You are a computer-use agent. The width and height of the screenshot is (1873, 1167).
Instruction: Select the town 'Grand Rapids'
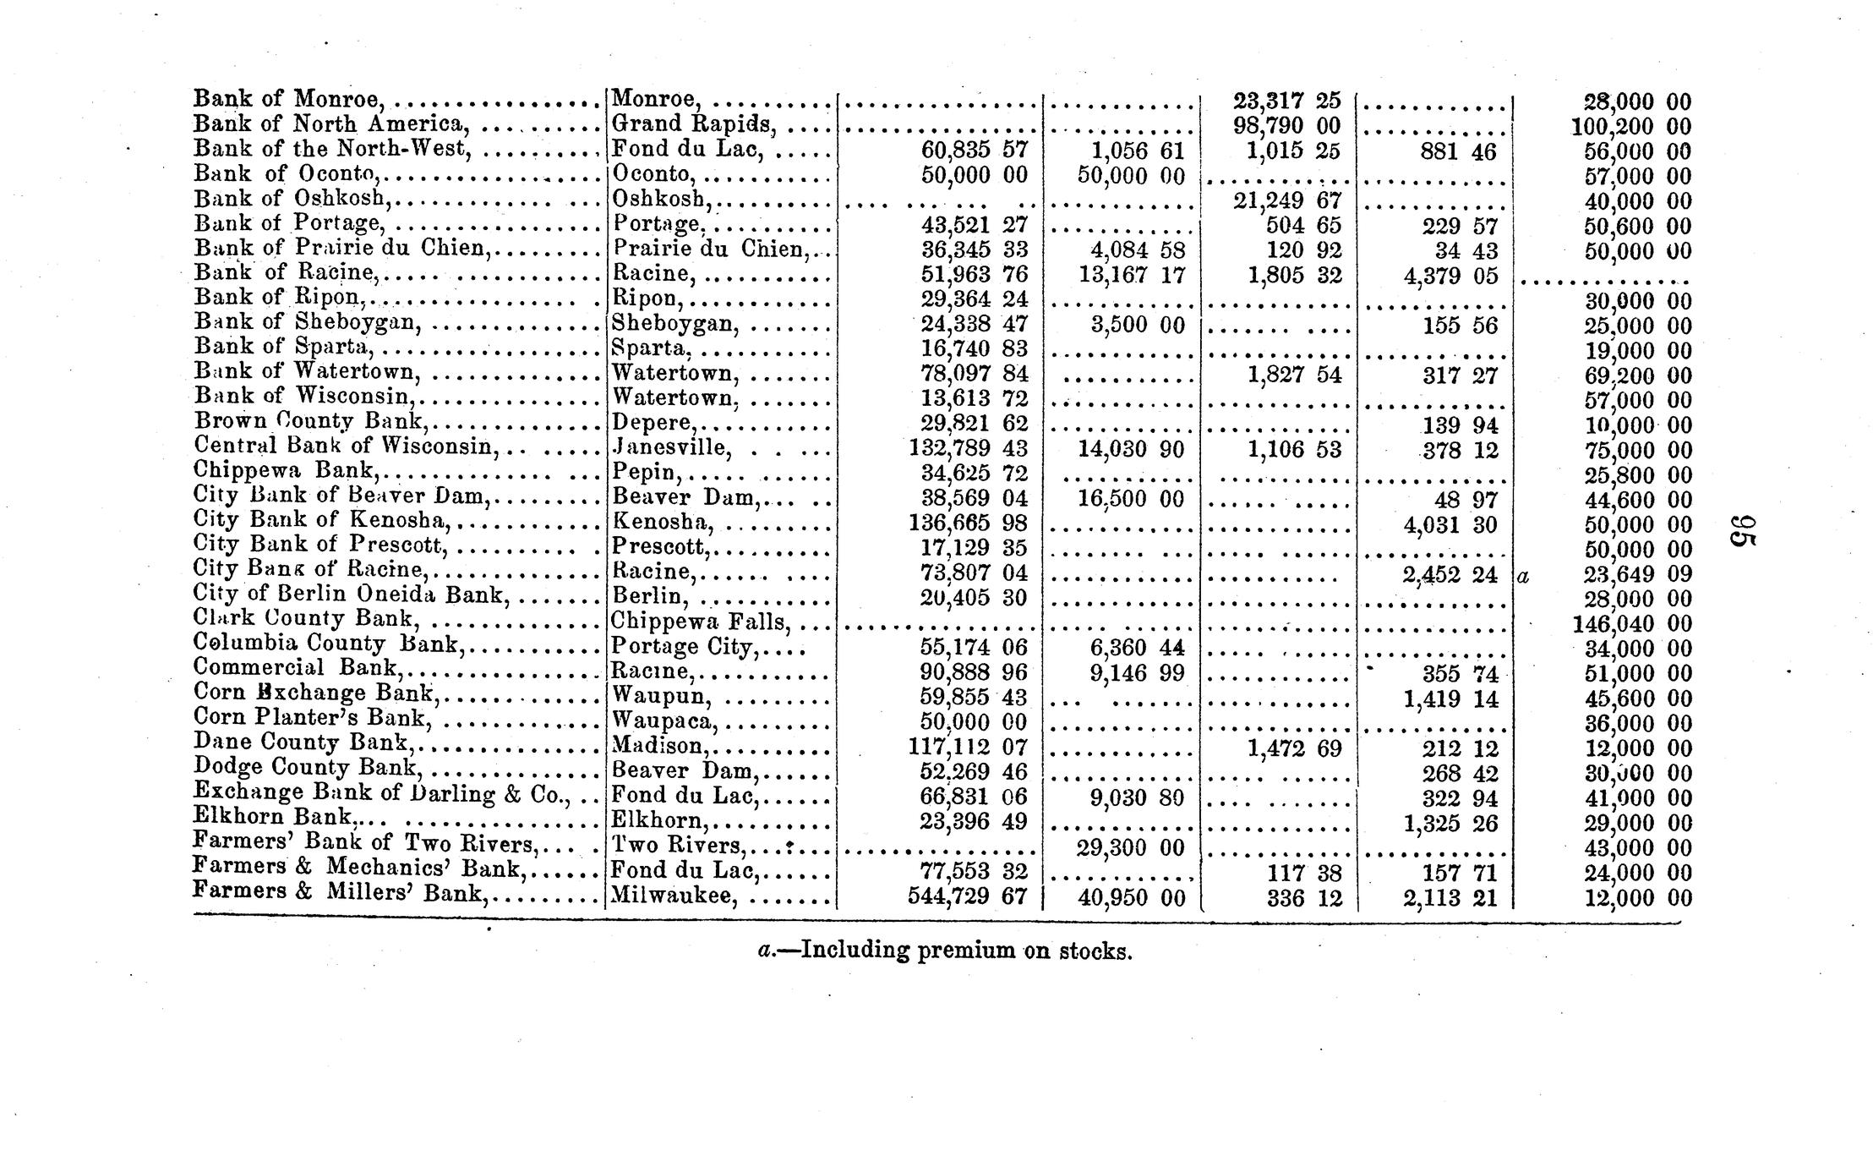pyautogui.click(x=693, y=124)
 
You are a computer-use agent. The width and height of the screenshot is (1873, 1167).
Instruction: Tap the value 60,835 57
pyautogui.click(x=974, y=151)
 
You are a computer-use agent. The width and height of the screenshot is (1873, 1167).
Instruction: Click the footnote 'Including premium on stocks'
pyautogui.click(x=945, y=951)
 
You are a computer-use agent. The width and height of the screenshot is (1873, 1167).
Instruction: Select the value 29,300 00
pyautogui.click(x=1131, y=847)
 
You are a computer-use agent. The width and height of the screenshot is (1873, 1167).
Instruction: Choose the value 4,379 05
pyautogui.click(x=1450, y=276)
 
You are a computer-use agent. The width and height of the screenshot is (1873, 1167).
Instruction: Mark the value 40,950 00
pyautogui.click(x=1131, y=898)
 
